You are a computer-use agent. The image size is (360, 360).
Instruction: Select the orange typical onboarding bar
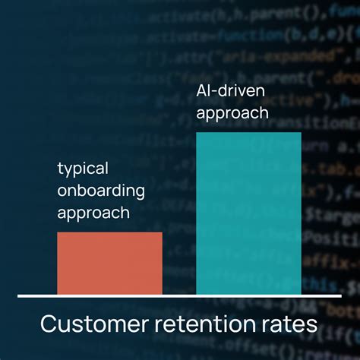coord(109,263)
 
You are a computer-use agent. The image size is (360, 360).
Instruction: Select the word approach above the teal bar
coord(232,113)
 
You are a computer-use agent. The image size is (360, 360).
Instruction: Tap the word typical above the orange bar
coord(83,169)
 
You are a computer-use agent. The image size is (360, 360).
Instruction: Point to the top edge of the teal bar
coord(248,133)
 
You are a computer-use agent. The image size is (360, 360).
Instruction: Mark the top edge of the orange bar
coord(109,232)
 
